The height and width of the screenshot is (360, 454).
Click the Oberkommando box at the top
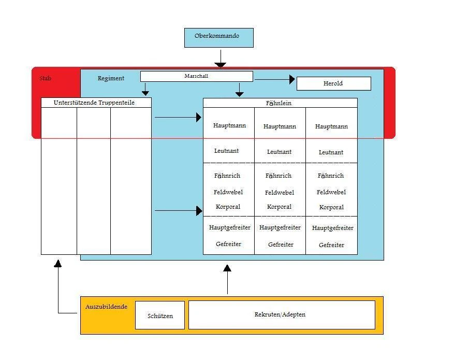click(218, 37)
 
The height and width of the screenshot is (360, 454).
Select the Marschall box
click(196, 76)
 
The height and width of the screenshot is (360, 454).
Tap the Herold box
click(333, 83)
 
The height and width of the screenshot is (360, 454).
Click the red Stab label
click(46, 79)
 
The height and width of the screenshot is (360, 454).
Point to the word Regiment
click(111, 79)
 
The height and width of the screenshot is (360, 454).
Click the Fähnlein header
click(279, 103)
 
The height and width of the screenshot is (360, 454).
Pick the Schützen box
click(160, 315)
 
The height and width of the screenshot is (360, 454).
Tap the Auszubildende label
click(106, 307)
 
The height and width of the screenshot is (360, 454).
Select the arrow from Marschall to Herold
click(274, 79)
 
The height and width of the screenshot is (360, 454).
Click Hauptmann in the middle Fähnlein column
click(280, 126)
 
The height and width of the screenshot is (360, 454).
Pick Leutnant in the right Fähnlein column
click(331, 152)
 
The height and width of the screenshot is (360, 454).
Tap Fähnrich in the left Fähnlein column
click(228, 176)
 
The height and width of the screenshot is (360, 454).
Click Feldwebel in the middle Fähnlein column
click(280, 193)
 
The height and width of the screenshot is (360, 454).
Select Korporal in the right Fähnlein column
click(331, 207)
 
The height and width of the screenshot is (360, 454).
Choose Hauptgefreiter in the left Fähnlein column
click(230, 227)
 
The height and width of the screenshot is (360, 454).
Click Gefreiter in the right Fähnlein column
click(331, 245)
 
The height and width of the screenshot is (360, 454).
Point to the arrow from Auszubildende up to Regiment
click(227, 280)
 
